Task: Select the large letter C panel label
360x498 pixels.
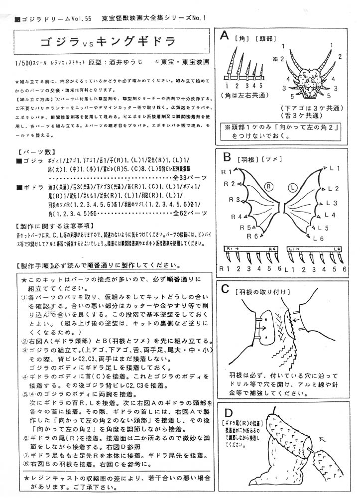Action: (225, 288)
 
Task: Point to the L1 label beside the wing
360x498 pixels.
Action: (335, 168)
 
